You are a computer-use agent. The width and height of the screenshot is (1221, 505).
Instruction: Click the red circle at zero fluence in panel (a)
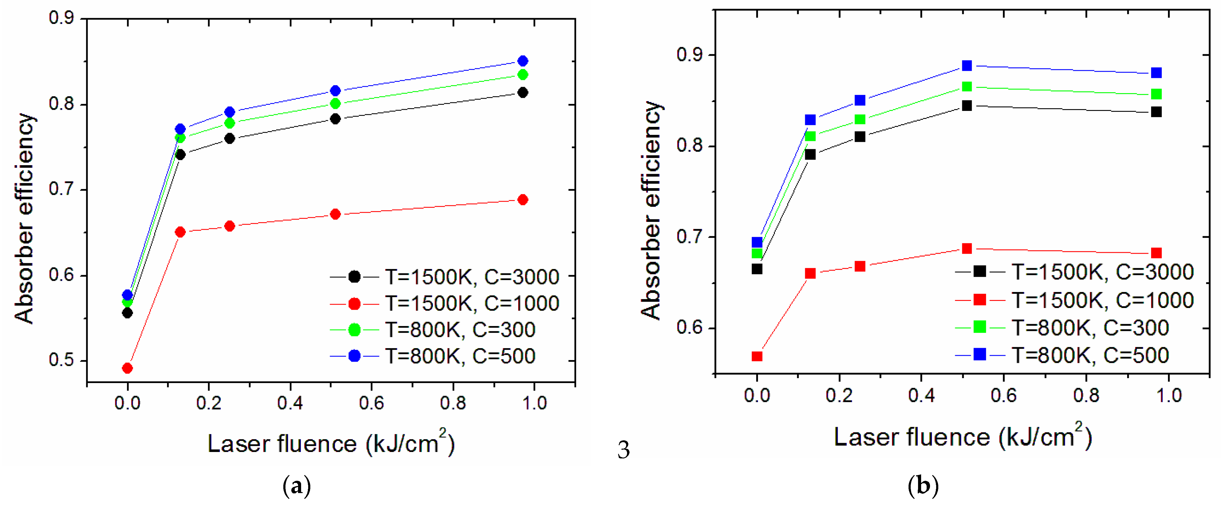127,368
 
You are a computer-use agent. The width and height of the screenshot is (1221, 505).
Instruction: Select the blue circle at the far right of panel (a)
523,61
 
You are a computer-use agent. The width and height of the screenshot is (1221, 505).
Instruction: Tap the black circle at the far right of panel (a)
523,92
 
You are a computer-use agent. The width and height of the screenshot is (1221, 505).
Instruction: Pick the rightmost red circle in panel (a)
523,199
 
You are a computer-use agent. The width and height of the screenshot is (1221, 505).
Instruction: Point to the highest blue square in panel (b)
967,65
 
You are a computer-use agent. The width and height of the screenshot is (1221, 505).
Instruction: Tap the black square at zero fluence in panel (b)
757,269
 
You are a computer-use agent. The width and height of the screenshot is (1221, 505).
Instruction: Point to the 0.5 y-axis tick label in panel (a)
62,360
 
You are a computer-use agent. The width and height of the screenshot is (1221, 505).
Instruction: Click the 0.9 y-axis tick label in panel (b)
689,55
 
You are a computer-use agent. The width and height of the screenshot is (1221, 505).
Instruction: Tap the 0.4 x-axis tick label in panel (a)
290,403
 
